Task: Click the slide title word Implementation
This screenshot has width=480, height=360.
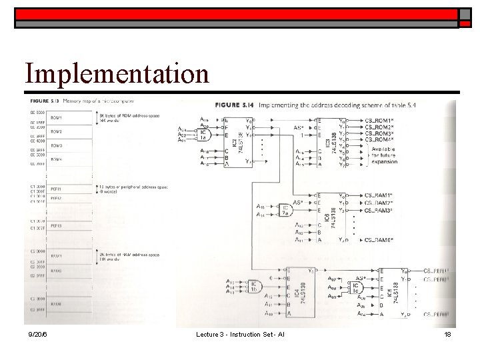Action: pos(116,73)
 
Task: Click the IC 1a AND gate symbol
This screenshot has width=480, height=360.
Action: pos(203,134)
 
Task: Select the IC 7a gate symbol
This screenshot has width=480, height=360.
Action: pos(285,211)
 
